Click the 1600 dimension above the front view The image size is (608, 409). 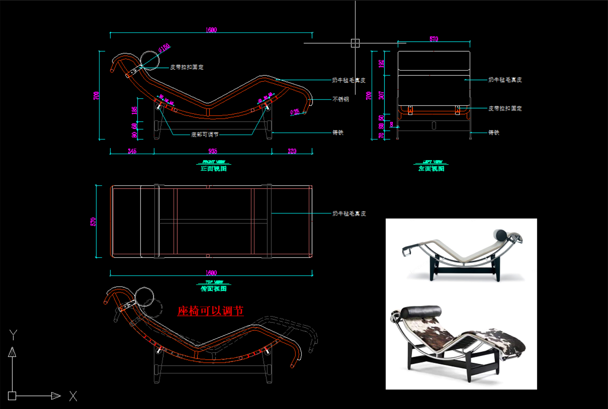211,30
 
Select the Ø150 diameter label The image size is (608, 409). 164,48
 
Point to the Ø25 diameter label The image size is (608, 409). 295,112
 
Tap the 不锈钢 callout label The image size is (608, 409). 340,99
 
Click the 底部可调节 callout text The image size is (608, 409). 205,134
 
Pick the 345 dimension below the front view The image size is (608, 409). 132,151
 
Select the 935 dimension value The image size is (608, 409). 212,151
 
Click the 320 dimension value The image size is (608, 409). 292,151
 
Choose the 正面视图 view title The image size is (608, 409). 214,169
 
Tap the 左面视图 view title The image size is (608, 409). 431,169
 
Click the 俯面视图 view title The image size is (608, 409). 214,289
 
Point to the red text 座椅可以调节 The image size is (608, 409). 210,311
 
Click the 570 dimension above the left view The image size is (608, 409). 434,39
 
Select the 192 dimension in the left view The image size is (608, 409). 381,63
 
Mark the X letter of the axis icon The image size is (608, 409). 73,396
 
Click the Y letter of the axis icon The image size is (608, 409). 13,335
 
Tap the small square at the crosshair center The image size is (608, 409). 355,43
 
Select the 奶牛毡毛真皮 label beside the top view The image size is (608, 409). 349,213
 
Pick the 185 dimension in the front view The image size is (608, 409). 134,109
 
